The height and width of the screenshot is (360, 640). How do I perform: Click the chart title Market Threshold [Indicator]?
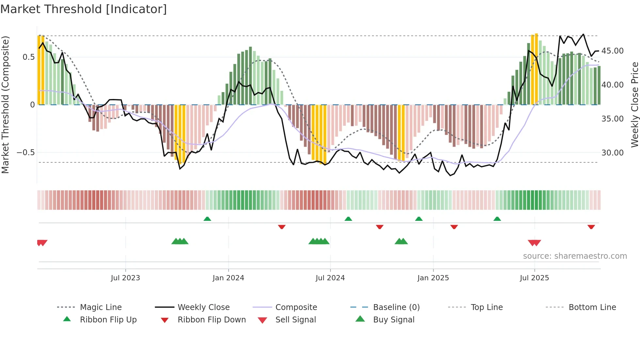pos(84,9)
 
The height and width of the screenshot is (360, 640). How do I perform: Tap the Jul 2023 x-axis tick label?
pos(125,278)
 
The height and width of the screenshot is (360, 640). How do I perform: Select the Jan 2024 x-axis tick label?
pos(228,278)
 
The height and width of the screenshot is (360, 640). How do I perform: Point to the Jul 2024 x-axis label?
pos(330,278)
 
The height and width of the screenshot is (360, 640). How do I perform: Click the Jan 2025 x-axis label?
pos(433,278)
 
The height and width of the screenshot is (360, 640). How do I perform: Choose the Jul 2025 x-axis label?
pos(534,278)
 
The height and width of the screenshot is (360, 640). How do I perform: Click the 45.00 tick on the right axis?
pos(612,51)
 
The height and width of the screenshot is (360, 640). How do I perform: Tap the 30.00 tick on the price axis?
pos(612,153)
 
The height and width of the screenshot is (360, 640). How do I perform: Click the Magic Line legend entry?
pos(101,307)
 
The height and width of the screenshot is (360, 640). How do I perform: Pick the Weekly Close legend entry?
pos(203,307)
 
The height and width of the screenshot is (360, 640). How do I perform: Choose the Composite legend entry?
pos(296,307)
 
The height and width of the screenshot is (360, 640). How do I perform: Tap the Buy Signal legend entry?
pos(393,320)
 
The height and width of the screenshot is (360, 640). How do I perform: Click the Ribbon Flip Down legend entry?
pos(212,320)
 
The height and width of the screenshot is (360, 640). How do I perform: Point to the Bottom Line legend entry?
pos(592,307)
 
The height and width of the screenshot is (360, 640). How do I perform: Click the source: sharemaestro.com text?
pos(575,256)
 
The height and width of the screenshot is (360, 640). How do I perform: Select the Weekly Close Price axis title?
pos(634,105)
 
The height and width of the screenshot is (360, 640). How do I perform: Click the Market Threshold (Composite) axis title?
pos(5,105)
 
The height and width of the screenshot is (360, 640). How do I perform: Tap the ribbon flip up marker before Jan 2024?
pos(207,219)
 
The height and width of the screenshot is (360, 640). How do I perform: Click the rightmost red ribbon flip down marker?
pos(591,227)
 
